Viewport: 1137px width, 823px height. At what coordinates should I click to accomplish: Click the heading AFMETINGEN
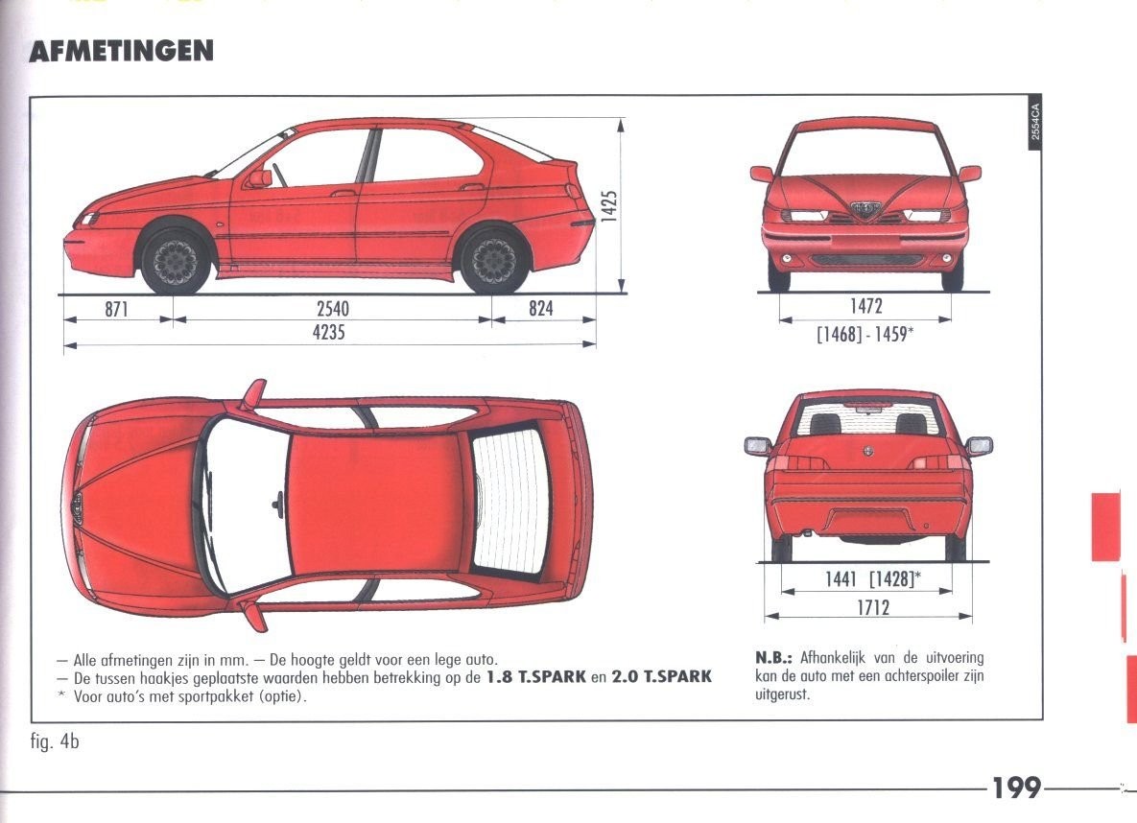[x=121, y=51]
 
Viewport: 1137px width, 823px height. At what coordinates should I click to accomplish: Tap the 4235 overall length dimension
[x=328, y=334]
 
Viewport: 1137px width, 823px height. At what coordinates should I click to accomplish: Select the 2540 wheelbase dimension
[x=332, y=309]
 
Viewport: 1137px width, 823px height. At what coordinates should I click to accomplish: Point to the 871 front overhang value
[x=116, y=309]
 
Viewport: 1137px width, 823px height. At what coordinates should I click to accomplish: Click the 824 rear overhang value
[x=541, y=309]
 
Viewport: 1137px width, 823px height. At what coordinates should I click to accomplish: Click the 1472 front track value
[x=865, y=307]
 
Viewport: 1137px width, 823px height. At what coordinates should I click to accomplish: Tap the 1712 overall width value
[x=872, y=607]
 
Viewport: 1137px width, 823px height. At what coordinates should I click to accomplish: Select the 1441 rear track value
[x=841, y=578]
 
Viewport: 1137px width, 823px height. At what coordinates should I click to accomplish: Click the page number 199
[x=1016, y=788]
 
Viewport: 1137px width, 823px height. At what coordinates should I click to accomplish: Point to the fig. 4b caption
[x=54, y=741]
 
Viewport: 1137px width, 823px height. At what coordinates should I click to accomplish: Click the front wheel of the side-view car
[x=176, y=260]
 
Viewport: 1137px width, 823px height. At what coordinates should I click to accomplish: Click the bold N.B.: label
[x=775, y=658]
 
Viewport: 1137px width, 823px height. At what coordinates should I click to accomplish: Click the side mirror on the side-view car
[x=259, y=177]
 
